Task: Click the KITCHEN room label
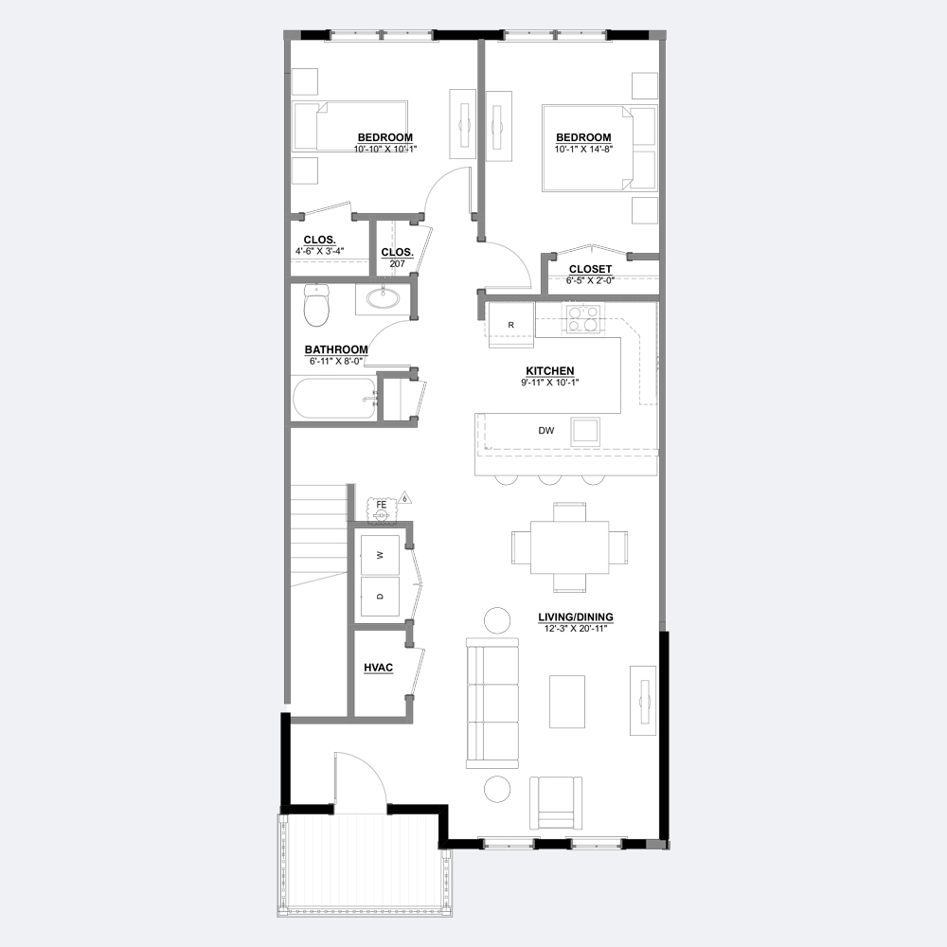tap(549, 371)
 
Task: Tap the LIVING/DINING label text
tap(576, 617)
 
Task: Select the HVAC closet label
tap(379, 668)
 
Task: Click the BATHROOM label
tap(336, 349)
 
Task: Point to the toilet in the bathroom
tap(316, 304)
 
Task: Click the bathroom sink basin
tap(383, 298)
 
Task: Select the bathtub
tap(334, 399)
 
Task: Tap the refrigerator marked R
tap(511, 325)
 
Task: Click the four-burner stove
tap(583, 318)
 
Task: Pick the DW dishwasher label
tap(546, 431)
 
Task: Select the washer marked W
tap(380, 554)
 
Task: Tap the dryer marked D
tap(380, 596)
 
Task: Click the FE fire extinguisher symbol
tap(381, 509)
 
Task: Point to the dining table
tap(569, 547)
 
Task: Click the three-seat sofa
tap(492, 703)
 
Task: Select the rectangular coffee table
tap(567, 702)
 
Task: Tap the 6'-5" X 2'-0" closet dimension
tap(590, 280)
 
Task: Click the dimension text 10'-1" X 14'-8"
tap(583, 149)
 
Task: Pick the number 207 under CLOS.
tap(398, 264)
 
